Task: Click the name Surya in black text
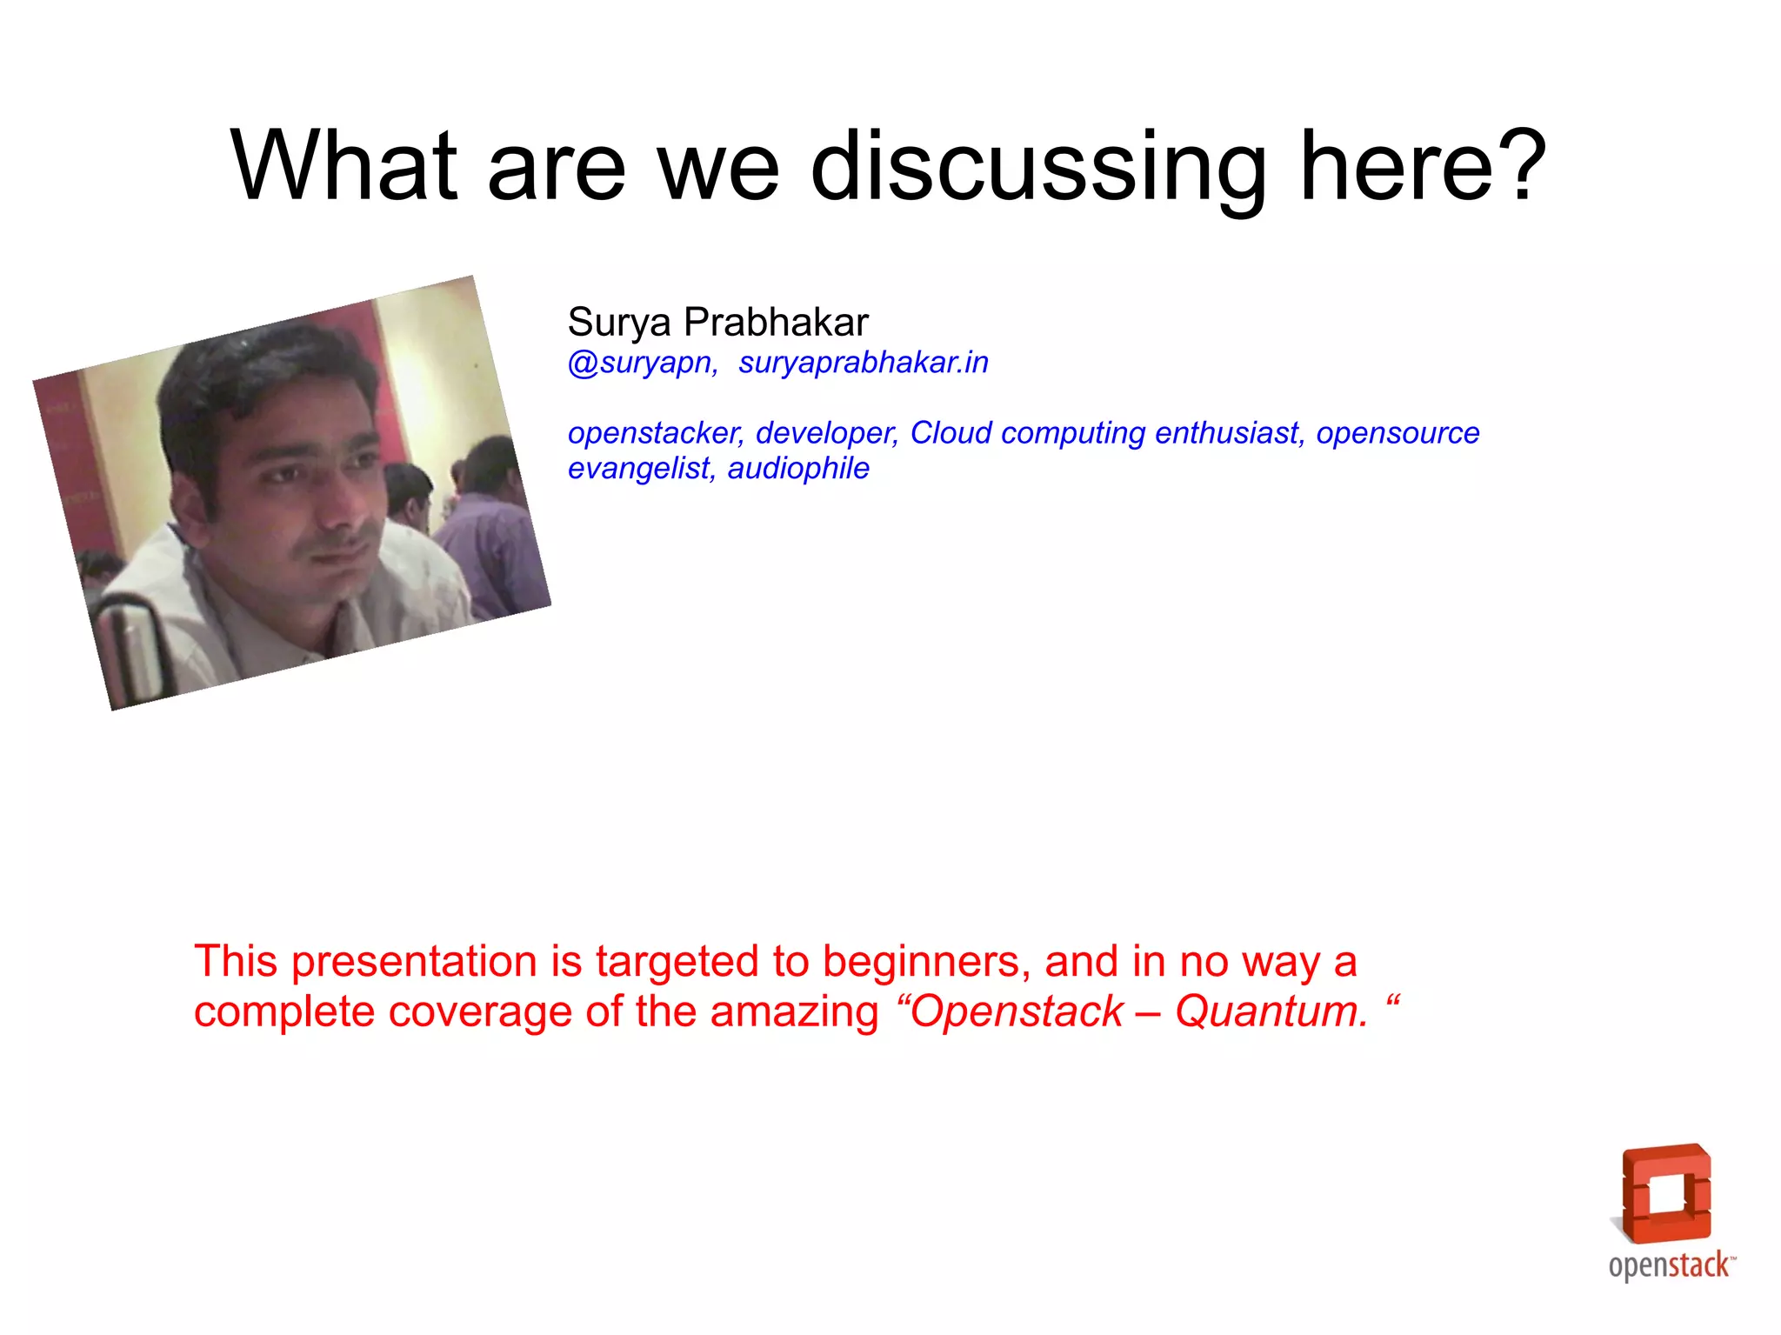619,324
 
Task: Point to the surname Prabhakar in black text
776,322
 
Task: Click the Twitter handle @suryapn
642,363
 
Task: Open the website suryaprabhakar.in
863,363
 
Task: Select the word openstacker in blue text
655,433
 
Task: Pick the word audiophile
797,469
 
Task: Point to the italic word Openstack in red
1016,1011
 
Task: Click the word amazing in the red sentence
794,1013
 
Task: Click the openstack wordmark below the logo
1670,1265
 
